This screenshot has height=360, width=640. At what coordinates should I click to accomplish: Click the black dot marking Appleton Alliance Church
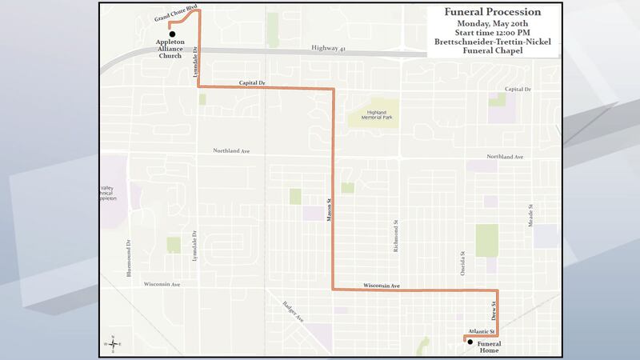(x=171, y=24)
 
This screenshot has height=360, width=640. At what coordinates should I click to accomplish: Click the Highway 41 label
(x=329, y=50)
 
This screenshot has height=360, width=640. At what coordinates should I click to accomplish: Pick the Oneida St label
(x=462, y=262)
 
